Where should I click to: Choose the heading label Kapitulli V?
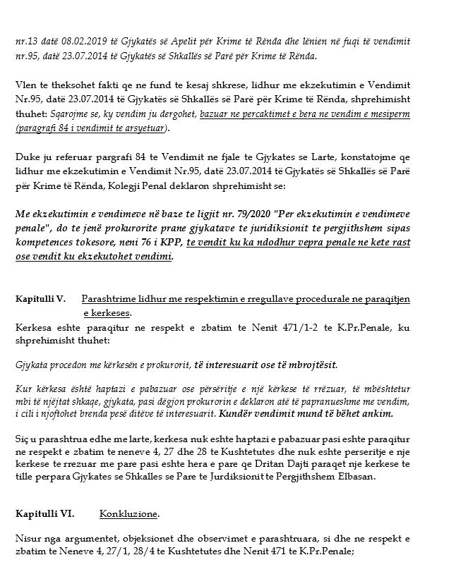(40, 299)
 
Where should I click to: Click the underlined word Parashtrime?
(109, 299)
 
